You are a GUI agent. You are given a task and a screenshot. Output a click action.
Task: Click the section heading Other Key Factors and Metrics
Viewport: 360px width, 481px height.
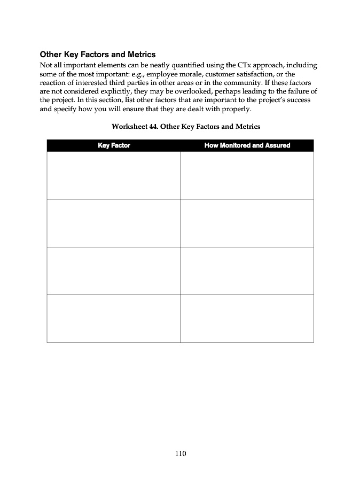click(x=98, y=55)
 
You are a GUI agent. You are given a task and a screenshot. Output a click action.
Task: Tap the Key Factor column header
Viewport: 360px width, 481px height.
click(x=114, y=145)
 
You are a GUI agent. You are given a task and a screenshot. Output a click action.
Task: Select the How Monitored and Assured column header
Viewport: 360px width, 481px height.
click(x=247, y=145)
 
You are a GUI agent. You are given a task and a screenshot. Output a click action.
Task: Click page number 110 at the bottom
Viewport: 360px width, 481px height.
click(x=180, y=454)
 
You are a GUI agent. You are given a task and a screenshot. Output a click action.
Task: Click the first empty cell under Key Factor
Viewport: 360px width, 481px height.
click(x=113, y=175)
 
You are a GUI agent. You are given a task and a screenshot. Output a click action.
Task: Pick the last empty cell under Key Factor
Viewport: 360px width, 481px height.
click(x=113, y=319)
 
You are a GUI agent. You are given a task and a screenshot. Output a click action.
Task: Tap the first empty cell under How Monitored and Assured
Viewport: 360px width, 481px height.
click(x=247, y=175)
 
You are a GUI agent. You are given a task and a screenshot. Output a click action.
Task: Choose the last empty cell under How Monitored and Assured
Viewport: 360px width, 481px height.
click(x=247, y=319)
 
